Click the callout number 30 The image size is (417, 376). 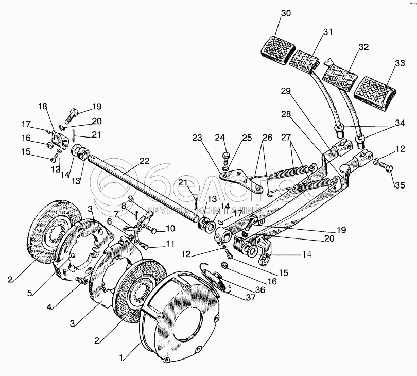click(x=286, y=13)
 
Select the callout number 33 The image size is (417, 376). click(x=400, y=63)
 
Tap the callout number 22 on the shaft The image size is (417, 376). click(x=145, y=161)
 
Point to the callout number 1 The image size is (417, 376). click(x=122, y=358)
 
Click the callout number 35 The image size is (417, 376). click(x=399, y=185)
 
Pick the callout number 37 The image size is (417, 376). click(x=251, y=297)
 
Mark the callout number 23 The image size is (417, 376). click(x=197, y=138)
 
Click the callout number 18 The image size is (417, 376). click(x=42, y=107)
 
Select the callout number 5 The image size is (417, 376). click(x=30, y=293)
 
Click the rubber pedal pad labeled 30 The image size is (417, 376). click(x=277, y=50)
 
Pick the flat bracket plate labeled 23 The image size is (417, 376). click(x=241, y=181)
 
